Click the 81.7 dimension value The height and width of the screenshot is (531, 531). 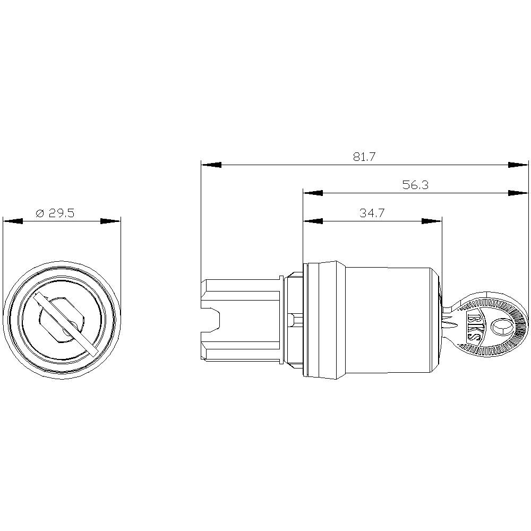tap(364, 157)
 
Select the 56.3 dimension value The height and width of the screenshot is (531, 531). tap(415, 185)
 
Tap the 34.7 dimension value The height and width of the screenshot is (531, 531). tap(372, 213)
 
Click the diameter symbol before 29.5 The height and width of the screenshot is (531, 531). tap(39, 213)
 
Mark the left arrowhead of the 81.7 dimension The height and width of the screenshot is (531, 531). tap(211, 165)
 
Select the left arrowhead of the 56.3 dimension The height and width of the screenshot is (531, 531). tap(313, 193)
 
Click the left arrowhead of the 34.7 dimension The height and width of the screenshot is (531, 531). tap(313, 221)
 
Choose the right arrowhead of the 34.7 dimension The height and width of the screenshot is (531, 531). tap(432, 221)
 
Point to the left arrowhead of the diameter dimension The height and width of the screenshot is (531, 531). tap(13, 221)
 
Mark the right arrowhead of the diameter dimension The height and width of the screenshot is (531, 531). tap(111, 221)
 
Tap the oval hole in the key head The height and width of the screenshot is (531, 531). tap(500, 327)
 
